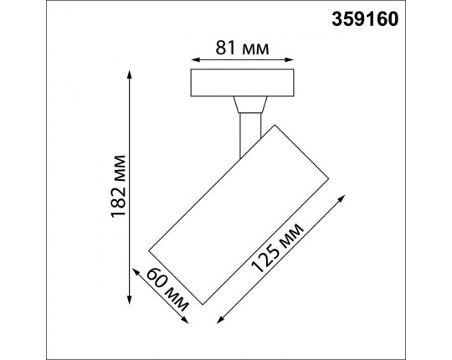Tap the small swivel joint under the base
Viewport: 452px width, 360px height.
pos(250,106)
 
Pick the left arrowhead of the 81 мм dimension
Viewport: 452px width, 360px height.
pos(195,60)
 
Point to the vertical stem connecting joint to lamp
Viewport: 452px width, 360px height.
pos(249,133)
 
